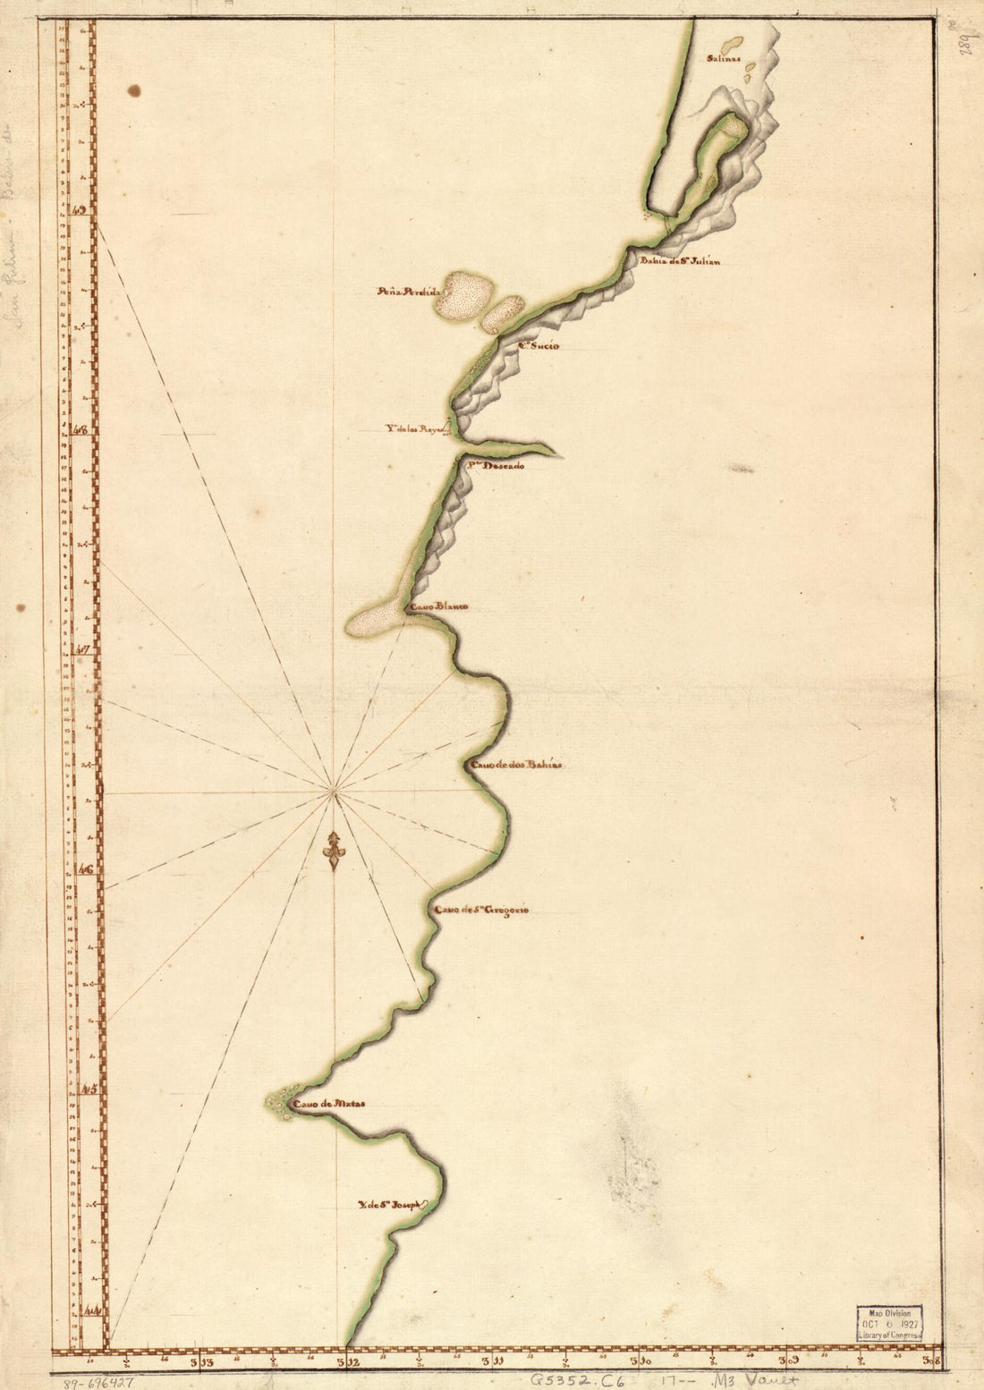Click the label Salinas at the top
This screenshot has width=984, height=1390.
tap(724, 60)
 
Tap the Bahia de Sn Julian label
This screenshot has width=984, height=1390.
tap(679, 262)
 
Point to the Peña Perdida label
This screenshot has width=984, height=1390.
tap(407, 292)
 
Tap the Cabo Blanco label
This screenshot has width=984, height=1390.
tap(438, 607)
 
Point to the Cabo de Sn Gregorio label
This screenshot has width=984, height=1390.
tap(481, 911)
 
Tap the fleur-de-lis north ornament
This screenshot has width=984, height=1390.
tap(334, 851)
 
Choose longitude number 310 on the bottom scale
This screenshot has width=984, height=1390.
tap(640, 1363)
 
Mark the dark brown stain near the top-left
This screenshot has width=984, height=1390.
tap(134, 89)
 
